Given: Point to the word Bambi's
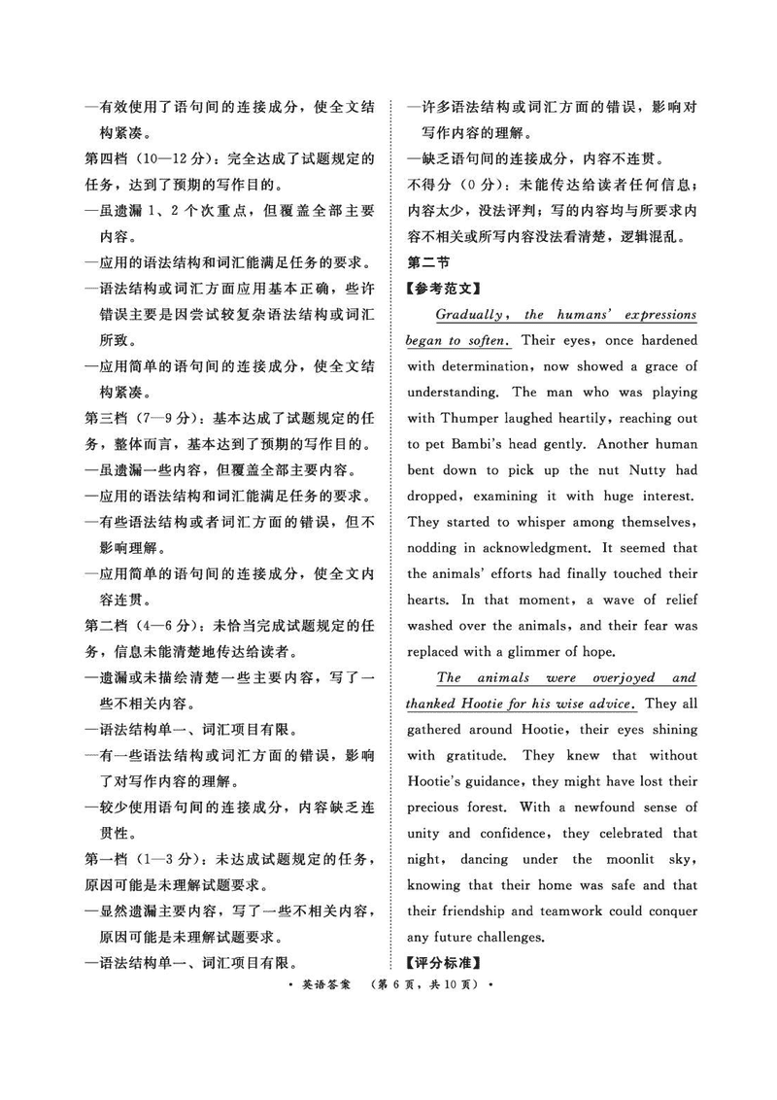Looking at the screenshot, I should (499, 444).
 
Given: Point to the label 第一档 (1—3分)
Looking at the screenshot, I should (146, 860).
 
